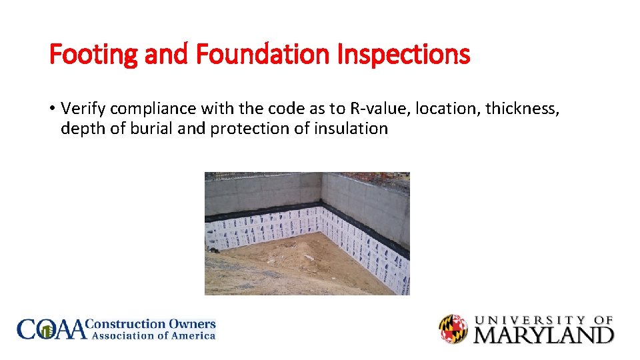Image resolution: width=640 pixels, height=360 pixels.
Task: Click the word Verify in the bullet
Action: pyautogui.click(x=84, y=108)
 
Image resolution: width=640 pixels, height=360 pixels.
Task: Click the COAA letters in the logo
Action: pyautogui.click(x=51, y=329)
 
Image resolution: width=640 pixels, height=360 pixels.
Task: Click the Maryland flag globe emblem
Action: pyautogui.click(x=453, y=329)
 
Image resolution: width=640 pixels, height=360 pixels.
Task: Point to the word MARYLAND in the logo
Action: pyautogui.click(x=543, y=333)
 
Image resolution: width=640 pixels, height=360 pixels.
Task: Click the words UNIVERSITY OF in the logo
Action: pyautogui.click(x=543, y=320)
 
